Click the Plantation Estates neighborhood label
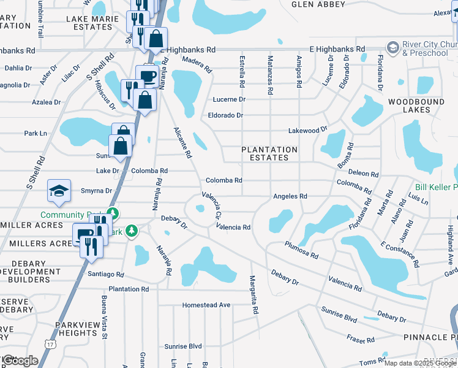click(269, 153)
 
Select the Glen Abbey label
click(315, 4)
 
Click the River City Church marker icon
click(392, 47)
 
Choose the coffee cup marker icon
click(147, 76)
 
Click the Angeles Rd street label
click(290, 196)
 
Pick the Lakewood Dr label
click(308, 131)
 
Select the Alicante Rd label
click(182, 143)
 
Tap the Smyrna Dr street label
click(96, 191)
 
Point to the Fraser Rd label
click(361, 339)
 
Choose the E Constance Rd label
click(400, 255)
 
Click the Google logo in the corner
click(20, 361)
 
